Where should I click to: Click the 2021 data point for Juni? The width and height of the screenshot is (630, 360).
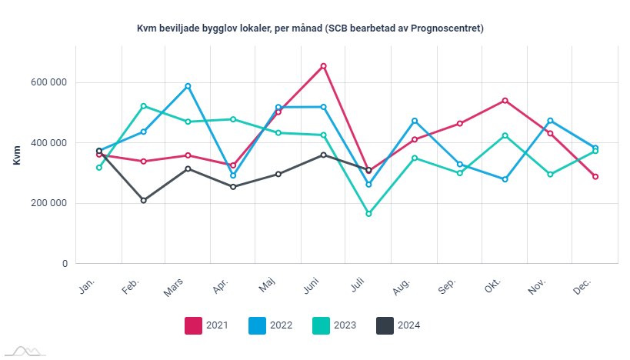pos(324,66)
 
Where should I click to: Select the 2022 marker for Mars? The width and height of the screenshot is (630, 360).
pos(188,86)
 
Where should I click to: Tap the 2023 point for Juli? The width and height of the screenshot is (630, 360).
pos(368,214)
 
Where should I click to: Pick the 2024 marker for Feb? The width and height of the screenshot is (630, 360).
pos(144,201)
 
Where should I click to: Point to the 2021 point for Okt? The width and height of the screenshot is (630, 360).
pos(505,101)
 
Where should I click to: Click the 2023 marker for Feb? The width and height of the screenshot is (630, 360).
pos(144,106)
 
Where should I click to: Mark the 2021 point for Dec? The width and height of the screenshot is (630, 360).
pos(595,177)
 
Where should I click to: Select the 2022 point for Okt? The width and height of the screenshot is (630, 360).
pos(505,179)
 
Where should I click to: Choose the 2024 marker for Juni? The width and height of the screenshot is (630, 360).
pos(324,155)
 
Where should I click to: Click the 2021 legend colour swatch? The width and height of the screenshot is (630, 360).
pos(193,325)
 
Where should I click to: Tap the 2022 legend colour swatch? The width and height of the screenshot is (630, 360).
pos(257,325)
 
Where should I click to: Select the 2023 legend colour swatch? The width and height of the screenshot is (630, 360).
pos(321,325)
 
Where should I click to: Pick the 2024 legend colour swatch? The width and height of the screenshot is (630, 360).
pos(385,325)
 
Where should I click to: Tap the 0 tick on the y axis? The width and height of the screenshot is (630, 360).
pos(65,264)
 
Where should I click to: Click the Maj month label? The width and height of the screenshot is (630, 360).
pos(267,287)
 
